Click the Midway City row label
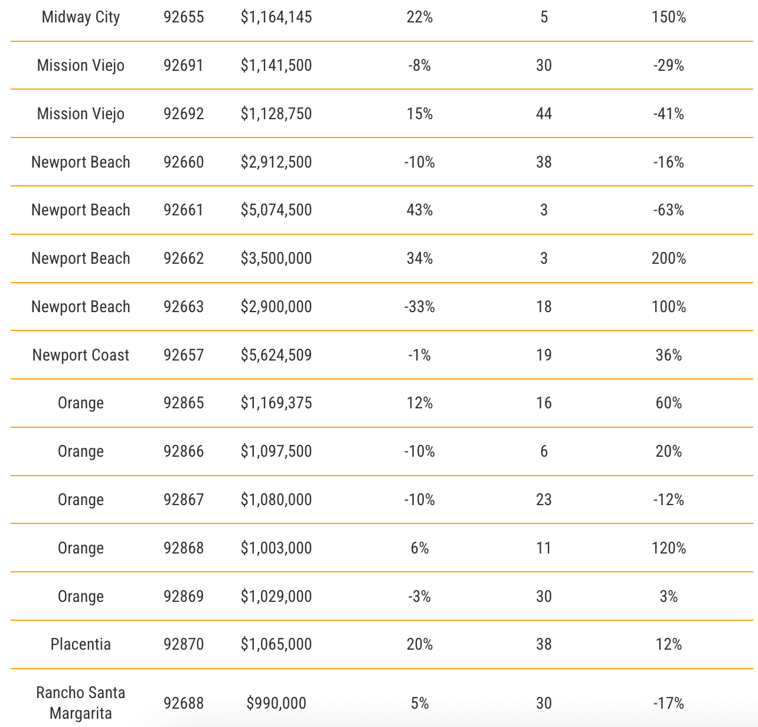click(81, 17)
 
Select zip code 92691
click(184, 65)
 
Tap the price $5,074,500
click(276, 210)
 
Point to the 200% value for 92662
click(668, 258)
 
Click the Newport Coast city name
click(81, 355)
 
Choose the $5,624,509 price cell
click(276, 355)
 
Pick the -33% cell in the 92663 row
click(419, 307)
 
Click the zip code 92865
click(184, 403)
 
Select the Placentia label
click(81, 644)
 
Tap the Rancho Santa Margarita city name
click(81, 703)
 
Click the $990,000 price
click(276, 703)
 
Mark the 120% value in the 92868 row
click(668, 548)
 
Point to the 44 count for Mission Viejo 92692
click(544, 113)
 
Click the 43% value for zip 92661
click(419, 210)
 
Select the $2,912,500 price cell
click(276, 162)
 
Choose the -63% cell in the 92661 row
click(668, 210)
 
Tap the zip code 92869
click(184, 597)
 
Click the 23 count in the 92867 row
click(544, 500)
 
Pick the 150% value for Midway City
click(668, 17)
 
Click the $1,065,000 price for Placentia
click(276, 644)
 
